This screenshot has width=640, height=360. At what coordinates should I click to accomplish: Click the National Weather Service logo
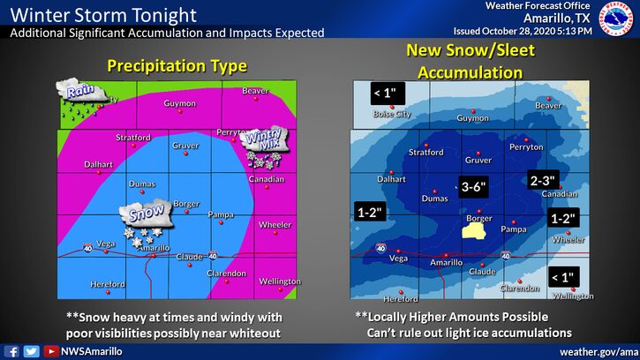pos(618,19)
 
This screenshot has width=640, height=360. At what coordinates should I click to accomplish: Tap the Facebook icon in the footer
pos(13,351)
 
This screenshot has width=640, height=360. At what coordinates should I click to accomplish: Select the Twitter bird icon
pos(32,351)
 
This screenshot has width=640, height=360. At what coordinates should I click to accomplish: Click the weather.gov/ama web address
pos(598,351)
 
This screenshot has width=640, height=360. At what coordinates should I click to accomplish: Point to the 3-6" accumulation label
pos(476,187)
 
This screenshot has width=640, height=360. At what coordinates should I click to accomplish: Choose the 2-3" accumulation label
pos(542,179)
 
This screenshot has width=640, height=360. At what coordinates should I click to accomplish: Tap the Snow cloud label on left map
pos(144,213)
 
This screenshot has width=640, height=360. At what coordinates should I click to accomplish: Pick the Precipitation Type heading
pos(177,65)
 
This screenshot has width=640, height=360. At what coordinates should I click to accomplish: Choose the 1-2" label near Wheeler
pos(562,218)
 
